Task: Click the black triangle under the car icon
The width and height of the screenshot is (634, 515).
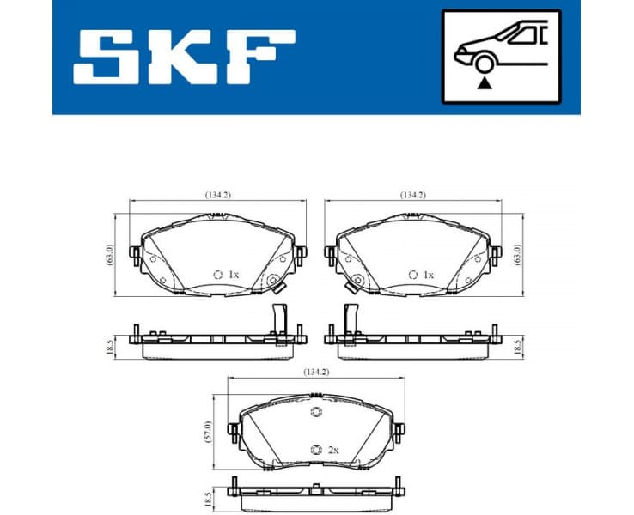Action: (485, 83)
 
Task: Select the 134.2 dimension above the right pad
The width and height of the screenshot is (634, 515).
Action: (413, 195)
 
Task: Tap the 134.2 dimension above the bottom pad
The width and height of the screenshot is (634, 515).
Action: (314, 373)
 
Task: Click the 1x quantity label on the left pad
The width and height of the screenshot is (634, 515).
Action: (233, 275)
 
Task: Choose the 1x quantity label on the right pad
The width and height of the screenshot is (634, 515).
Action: (428, 275)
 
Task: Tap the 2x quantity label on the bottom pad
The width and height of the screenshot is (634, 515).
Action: (332, 450)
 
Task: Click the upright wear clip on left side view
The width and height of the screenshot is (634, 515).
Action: (277, 318)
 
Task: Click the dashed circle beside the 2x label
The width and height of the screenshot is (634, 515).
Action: (314, 450)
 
